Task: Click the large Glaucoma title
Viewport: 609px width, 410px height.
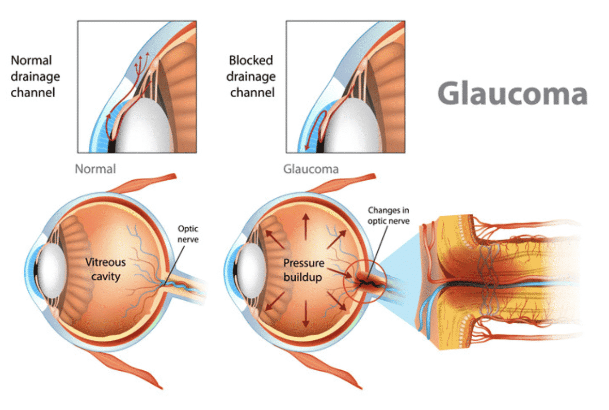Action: (x=512, y=93)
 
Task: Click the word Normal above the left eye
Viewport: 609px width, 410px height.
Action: (x=95, y=169)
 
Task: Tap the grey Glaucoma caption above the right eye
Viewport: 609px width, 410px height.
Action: (x=311, y=169)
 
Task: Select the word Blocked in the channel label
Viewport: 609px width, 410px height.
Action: (x=251, y=60)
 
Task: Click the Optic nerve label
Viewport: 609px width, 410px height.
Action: (x=188, y=234)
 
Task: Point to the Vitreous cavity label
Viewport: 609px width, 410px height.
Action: (x=106, y=269)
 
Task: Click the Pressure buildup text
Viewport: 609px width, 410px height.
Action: (x=303, y=270)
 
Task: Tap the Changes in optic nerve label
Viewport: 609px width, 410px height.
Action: (x=389, y=216)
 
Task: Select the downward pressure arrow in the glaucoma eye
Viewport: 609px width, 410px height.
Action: (x=306, y=313)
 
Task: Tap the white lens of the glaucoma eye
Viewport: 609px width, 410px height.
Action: (x=252, y=271)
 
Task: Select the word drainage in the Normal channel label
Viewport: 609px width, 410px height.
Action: (x=35, y=77)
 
